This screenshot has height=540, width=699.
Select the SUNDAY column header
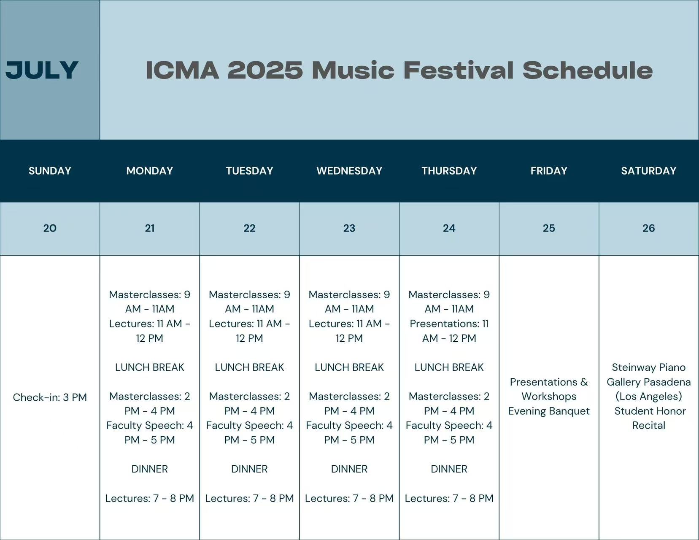pyautogui.click(x=50, y=170)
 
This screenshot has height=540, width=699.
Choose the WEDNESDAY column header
pyautogui.click(x=349, y=170)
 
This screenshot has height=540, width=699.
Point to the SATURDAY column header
pyautogui.click(x=648, y=170)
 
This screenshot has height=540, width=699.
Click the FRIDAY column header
pyautogui.click(x=549, y=170)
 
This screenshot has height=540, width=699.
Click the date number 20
pyautogui.click(x=50, y=228)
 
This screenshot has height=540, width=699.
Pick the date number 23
pyautogui.click(x=349, y=228)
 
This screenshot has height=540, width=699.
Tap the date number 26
pyautogui.click(x=648, y=228)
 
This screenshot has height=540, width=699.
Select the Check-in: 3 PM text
pyautogui.click(x=50, y=397)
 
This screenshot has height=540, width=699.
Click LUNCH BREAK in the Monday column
pyautogui.click(x=150, y=367)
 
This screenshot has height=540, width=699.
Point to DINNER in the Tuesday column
pyautogui.click(x=249, y=469)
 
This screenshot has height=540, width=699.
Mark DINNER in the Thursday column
pyautogui.click(x=449, y=469)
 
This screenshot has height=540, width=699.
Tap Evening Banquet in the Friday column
pyautogui.click(x=549, y=411)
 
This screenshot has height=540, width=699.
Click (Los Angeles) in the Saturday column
pyautogui.click(x=648, y=397)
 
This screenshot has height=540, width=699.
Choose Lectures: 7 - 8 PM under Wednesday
pyautogui.click(x=349, y=498)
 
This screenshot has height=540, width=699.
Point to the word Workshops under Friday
pyautogui.click(x=549, y=397)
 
